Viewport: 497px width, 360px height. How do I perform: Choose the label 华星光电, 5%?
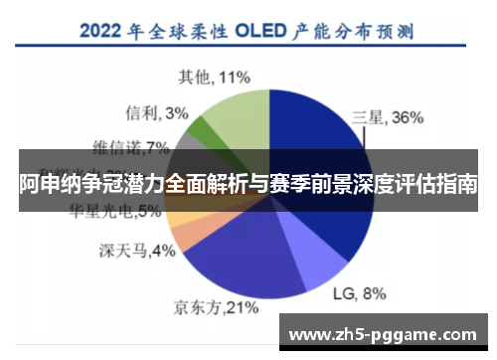point(114,211)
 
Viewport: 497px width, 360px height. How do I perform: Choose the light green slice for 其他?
point(236,114)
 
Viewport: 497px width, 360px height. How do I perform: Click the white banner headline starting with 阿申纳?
point(248,184)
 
